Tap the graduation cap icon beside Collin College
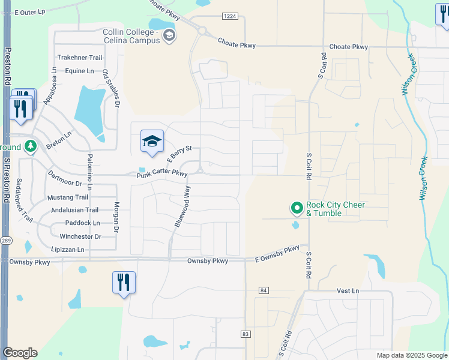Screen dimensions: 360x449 point(170,35)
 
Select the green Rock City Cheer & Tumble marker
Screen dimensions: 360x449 point(297,208)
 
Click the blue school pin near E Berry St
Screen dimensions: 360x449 point(152,142)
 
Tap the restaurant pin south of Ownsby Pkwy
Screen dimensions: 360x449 point(124,283)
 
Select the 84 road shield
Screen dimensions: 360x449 point(264,290)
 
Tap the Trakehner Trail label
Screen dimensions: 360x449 point(80,58)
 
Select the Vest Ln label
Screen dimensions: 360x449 point(348,290)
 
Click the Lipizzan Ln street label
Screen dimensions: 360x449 point(68,250)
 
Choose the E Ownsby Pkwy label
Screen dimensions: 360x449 point(277,254)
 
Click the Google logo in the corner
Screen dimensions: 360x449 point(20,353)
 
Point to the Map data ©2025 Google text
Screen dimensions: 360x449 point(412,355)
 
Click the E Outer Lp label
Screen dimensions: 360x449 point(30,12)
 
